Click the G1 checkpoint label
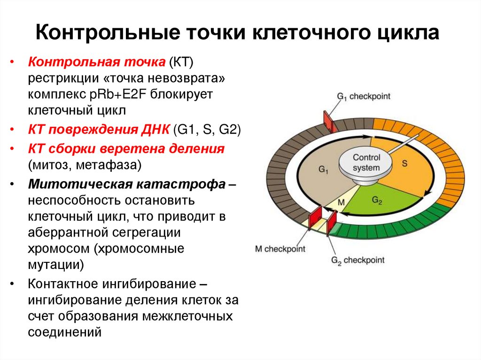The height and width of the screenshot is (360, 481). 364,96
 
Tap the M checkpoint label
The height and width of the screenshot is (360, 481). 280,249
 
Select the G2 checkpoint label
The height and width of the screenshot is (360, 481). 357,260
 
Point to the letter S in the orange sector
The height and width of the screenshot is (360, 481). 404,163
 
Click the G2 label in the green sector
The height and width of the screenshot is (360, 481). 377,200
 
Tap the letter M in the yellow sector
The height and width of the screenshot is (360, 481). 341,202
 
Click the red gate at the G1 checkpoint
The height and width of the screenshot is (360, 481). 328,122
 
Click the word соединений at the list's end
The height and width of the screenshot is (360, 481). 65,332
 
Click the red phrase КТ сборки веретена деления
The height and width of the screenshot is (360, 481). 126,149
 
